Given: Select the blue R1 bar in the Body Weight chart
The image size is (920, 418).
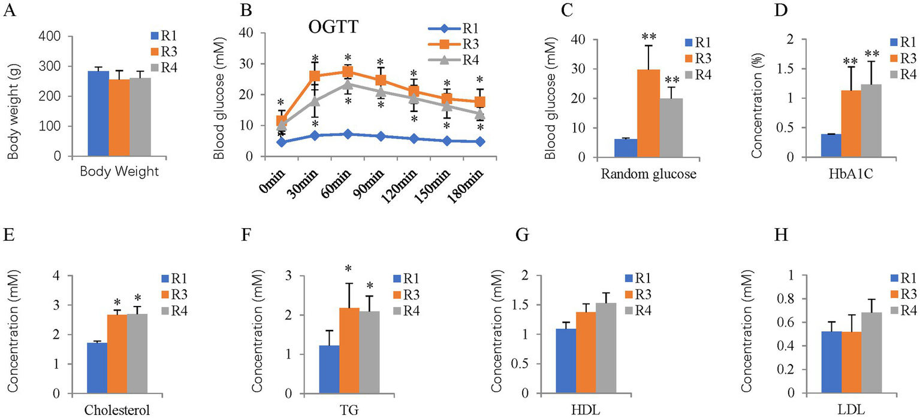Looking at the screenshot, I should click(x=98, y=114).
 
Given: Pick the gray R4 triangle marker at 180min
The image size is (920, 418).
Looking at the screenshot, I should click(x=479, y=113).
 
